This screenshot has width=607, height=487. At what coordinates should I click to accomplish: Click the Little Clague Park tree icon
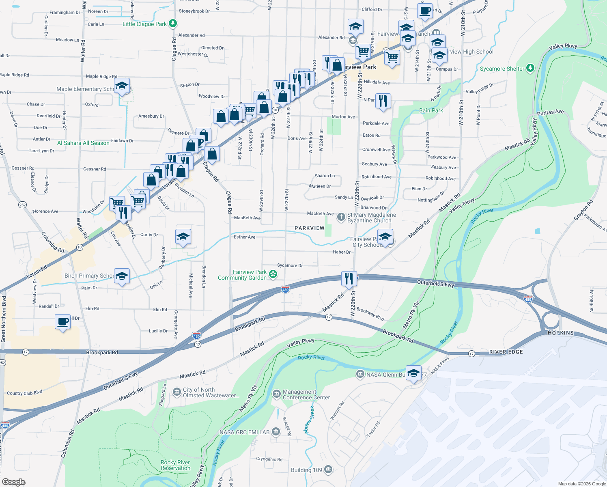tap(173, 24)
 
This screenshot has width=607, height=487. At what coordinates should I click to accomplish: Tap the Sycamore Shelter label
tap(502, 69)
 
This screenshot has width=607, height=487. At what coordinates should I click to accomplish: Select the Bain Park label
tap(431, 110)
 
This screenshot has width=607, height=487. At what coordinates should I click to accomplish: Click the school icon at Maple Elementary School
tap(122, 86)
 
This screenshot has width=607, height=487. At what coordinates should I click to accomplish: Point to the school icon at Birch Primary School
tap(122, 276)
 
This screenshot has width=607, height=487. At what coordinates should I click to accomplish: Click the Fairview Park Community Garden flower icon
tap(273, 275)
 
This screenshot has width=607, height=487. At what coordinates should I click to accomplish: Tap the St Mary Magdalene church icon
tap(341, 217)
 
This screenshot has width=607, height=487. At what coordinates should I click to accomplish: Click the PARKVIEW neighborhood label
tap(309, 228)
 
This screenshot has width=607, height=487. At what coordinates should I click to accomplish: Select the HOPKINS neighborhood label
tap(561, 333)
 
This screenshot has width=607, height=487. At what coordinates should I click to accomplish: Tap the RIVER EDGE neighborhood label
tap(506, 352)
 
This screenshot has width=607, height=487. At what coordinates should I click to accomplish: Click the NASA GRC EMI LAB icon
tap(276, 432)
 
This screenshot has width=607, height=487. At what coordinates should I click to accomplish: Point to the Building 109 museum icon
tap(328, 470)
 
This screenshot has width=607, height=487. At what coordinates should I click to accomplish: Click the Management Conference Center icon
tap(276, 394)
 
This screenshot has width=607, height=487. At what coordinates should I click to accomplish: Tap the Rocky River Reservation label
tap(175, 465)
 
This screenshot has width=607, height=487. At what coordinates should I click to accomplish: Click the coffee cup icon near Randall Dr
tap(62, 322)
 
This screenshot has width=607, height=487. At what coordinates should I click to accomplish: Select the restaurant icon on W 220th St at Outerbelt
tap(349, 279)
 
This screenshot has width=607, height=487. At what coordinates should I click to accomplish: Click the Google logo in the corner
tap(14, 482)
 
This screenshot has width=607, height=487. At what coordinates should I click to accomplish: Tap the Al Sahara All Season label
tap(83, 143)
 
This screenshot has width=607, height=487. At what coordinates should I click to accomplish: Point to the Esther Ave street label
tap(244, 237)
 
